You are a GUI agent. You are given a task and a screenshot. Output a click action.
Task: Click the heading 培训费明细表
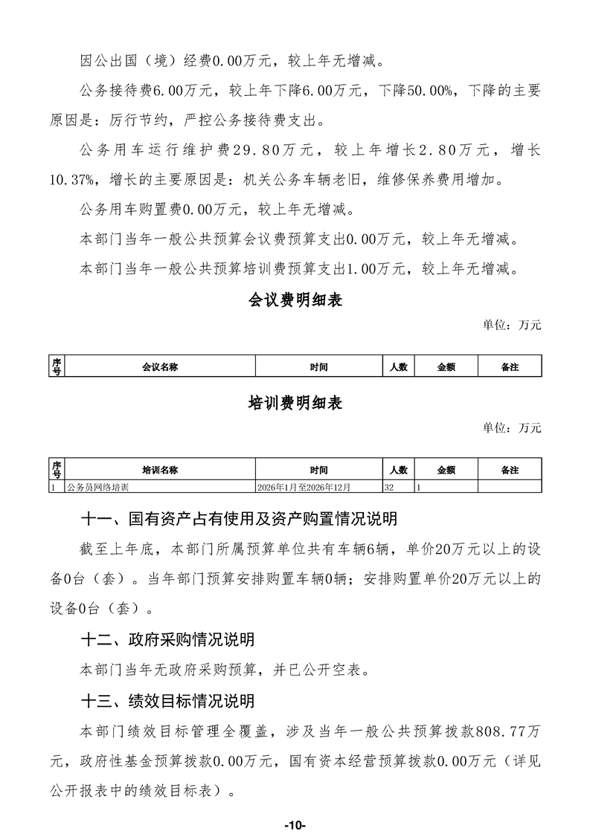295,403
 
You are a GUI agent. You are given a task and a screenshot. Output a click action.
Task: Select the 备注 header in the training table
510,470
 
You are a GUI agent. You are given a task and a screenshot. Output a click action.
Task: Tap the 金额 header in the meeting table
446,367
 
